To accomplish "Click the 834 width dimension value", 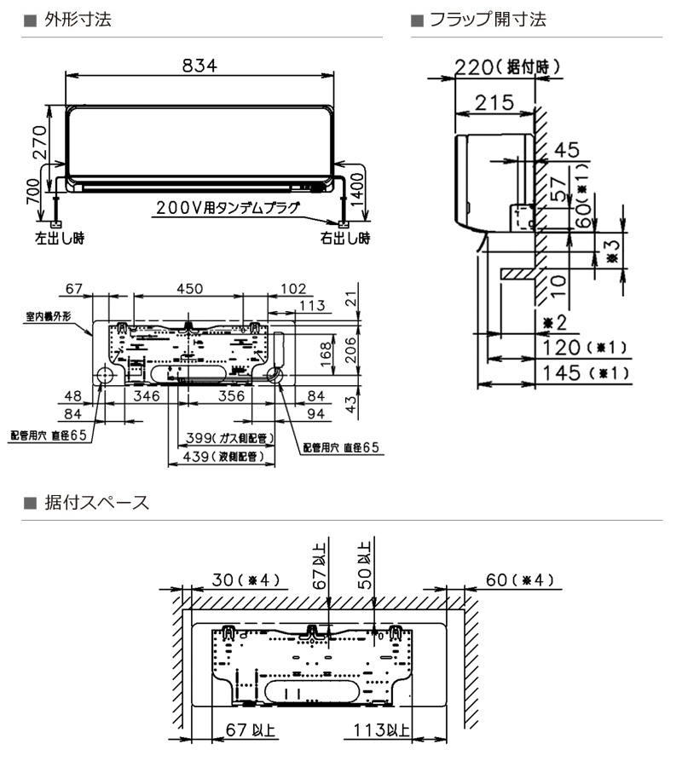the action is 199,65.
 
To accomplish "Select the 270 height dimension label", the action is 39,142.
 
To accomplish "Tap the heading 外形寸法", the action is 78,20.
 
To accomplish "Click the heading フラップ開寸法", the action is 488,20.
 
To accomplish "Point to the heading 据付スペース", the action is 96,503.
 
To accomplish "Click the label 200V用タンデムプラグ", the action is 228,208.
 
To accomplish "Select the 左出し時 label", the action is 60,239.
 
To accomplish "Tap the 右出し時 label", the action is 345,239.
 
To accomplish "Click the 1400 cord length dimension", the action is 358,190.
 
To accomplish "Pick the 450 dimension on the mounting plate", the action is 190,289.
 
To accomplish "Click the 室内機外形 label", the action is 49,316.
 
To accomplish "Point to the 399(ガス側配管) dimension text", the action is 229,438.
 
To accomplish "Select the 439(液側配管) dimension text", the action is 223,457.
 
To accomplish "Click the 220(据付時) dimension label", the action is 507,67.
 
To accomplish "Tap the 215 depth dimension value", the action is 494,103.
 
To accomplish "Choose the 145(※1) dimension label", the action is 585,373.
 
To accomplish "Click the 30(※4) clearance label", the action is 246,580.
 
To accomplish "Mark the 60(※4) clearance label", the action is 520,580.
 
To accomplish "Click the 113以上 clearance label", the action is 382,730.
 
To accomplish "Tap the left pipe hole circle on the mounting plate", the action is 104,375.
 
